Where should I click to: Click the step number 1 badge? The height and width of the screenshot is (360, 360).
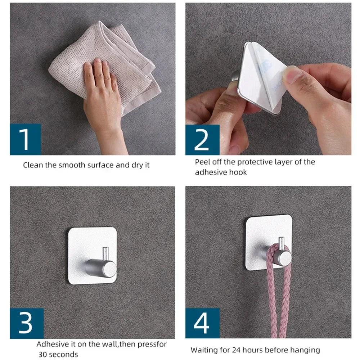click(x=25, y=139)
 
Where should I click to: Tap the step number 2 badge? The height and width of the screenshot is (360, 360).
click(x=202, y=139)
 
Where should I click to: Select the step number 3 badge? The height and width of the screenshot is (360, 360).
click(x=26, y=323)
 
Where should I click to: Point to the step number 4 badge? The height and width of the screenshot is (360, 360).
click(x=202, y=323)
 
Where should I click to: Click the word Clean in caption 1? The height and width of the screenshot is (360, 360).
click(x=32, y=165)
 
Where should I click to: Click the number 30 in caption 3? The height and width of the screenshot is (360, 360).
click(x=44, y=354)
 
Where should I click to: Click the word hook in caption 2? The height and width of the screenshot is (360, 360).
click(x=238, y=172)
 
